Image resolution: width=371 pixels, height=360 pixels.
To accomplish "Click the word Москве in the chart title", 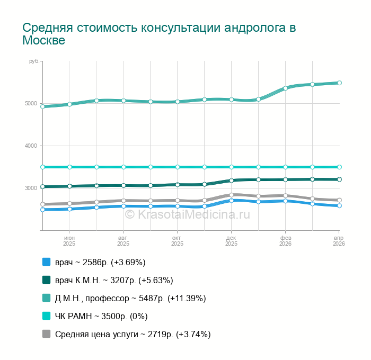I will tap(43, 41).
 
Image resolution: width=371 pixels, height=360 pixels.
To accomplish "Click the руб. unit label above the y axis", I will tap(34, 62).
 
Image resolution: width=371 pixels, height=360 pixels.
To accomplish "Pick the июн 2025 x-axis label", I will tap(69, 241).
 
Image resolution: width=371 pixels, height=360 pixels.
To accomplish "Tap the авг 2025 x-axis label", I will tap(123, 241).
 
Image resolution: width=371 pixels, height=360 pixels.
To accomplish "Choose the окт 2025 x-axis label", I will tap(177, 241).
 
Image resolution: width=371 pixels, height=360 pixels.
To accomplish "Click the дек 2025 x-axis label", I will tap(231, 241).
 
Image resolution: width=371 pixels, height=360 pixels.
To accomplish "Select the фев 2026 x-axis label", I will tap(285, 241).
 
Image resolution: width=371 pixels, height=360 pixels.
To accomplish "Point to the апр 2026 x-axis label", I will tap(339, 241).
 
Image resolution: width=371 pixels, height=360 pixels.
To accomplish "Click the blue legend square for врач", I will tap(47, 262).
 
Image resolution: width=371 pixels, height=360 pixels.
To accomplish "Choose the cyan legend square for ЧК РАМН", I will tap(47, 316).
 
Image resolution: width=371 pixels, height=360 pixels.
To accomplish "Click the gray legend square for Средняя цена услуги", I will tap(47, 334).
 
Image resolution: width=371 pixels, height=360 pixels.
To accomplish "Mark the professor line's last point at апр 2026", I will tap(339, 83).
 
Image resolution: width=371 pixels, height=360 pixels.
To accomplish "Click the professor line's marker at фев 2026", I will tap(285, 88).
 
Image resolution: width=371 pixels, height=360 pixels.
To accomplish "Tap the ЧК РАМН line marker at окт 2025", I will tap(178, 167).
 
